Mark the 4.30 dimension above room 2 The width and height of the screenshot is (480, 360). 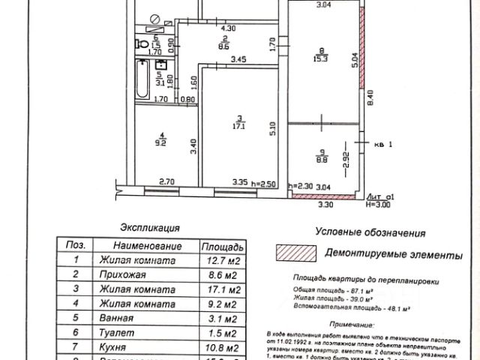click(x=228, y=28)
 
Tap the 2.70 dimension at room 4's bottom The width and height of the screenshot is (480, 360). click(x=166, y=181)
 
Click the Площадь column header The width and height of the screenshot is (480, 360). click(x=221, y=246)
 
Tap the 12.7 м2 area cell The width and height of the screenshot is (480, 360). click(x=221, y=260)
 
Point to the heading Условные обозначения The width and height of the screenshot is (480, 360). click(x=370, y=232)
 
